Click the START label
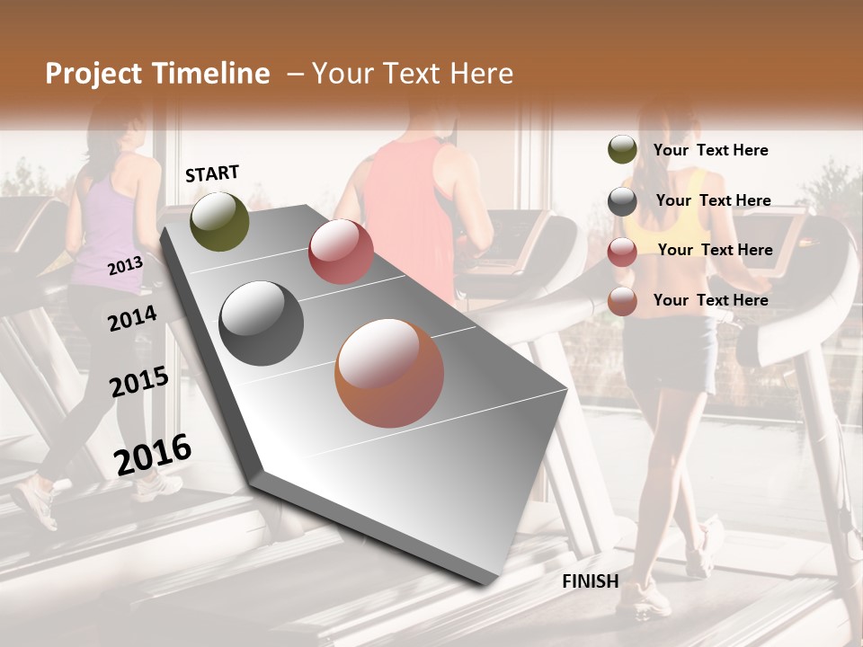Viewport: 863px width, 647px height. click(x=212, y=173)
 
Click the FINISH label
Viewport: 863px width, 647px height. click(x=590, y=581)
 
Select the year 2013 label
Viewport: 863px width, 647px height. click(x=125, y=265)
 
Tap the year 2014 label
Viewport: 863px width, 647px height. click(x=132, y=318)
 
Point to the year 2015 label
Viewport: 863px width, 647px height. click(x=139, y=382)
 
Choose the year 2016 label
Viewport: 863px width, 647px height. click(x=153, y=454)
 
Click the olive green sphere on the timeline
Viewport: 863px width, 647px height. click(x=219, y=221)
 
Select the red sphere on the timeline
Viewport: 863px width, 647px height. click(x=341, y=252)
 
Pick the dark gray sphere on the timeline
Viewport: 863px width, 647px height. click(x=261, y=323)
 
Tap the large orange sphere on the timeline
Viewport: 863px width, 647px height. click(x=389, y=373)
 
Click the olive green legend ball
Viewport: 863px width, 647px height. click(x=622, y=150)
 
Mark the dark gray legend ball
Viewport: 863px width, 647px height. click(x=622, y=201)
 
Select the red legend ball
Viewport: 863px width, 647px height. click(x=622, y=252)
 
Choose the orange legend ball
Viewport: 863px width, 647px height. click(x=622, y=301)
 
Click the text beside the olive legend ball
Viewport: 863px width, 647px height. click(x=710, y=150)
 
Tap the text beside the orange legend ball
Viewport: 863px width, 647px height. click(x=710, y=300)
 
